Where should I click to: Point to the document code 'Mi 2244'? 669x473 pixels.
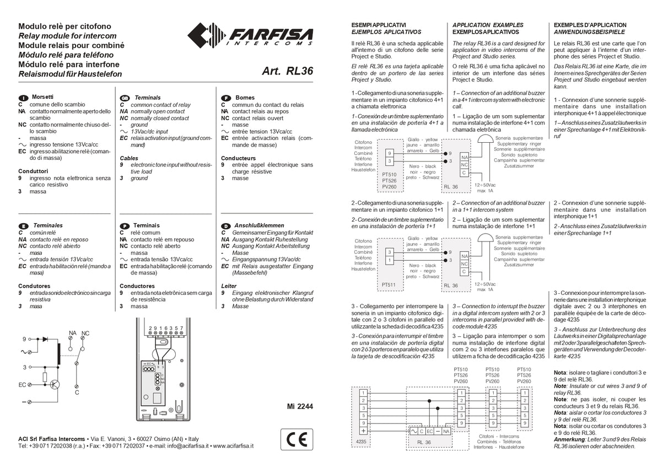299,406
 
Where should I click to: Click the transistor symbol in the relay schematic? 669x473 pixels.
55,384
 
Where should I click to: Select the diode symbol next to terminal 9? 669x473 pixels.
46,339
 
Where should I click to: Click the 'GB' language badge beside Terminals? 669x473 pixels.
125,98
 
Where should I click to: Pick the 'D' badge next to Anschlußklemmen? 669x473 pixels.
225,226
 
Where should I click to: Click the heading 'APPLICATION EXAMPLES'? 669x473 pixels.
488,25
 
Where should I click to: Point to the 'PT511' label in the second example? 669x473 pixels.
389,285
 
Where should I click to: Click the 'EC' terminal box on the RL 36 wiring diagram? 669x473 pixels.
430,431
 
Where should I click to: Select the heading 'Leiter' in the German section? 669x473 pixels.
229,286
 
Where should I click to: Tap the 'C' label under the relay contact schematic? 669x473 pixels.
77,393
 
